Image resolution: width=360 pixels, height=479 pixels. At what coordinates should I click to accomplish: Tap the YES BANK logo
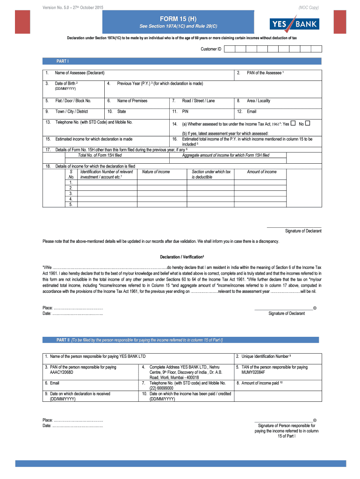point(293,24)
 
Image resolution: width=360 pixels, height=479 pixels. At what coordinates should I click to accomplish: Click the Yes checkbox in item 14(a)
point(293,123)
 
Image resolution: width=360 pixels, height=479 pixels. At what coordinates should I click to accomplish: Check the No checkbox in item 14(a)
point(308,123)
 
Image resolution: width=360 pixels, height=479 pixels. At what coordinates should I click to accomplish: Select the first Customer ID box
point(229,49)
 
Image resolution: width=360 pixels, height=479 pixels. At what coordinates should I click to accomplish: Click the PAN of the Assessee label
point(265,73)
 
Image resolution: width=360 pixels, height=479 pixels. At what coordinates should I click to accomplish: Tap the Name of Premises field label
point(132,101)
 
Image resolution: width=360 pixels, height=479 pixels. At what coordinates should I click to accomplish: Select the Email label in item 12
point(252,111)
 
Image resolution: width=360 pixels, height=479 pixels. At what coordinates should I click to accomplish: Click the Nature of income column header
point(156,172)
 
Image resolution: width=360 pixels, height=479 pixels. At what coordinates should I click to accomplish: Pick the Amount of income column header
point(261,172)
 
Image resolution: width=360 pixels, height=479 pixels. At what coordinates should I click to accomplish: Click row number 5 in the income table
point(71,204)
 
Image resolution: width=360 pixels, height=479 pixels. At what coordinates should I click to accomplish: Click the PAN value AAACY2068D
point(62,372)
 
